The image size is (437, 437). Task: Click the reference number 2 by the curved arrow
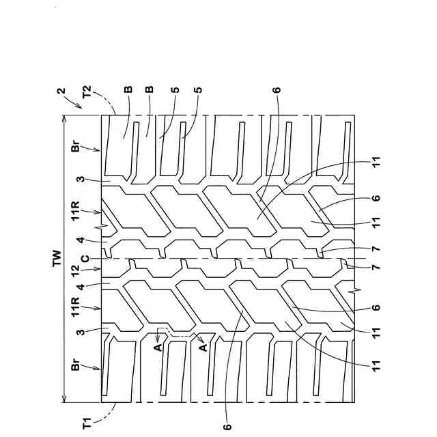61,91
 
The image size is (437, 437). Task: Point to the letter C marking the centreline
84,258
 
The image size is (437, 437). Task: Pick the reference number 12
80,274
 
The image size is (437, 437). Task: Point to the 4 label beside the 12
80,288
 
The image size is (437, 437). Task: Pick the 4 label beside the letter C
80,240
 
